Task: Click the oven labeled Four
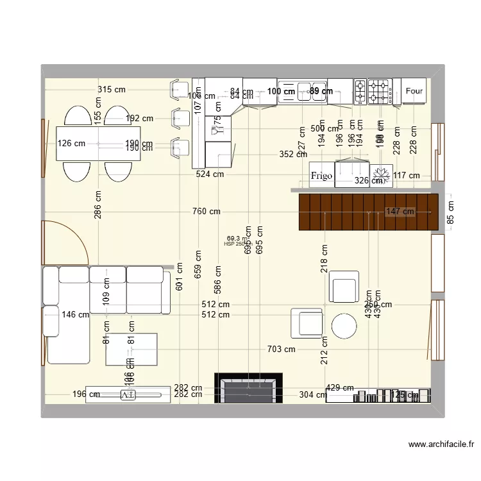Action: point(414,91)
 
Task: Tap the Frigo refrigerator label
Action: point(321,176)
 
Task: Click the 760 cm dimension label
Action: point(206,212)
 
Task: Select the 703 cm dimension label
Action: point(281,349)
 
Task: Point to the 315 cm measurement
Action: point(112,90)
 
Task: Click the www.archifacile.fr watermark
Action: point(441,443)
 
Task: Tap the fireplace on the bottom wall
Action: point(248,389)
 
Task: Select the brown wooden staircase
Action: point(368,212)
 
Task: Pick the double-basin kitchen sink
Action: point(303,91)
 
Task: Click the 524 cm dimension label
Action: point(210,174)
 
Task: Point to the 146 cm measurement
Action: point(76,314)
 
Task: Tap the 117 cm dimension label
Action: point(406,176)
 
